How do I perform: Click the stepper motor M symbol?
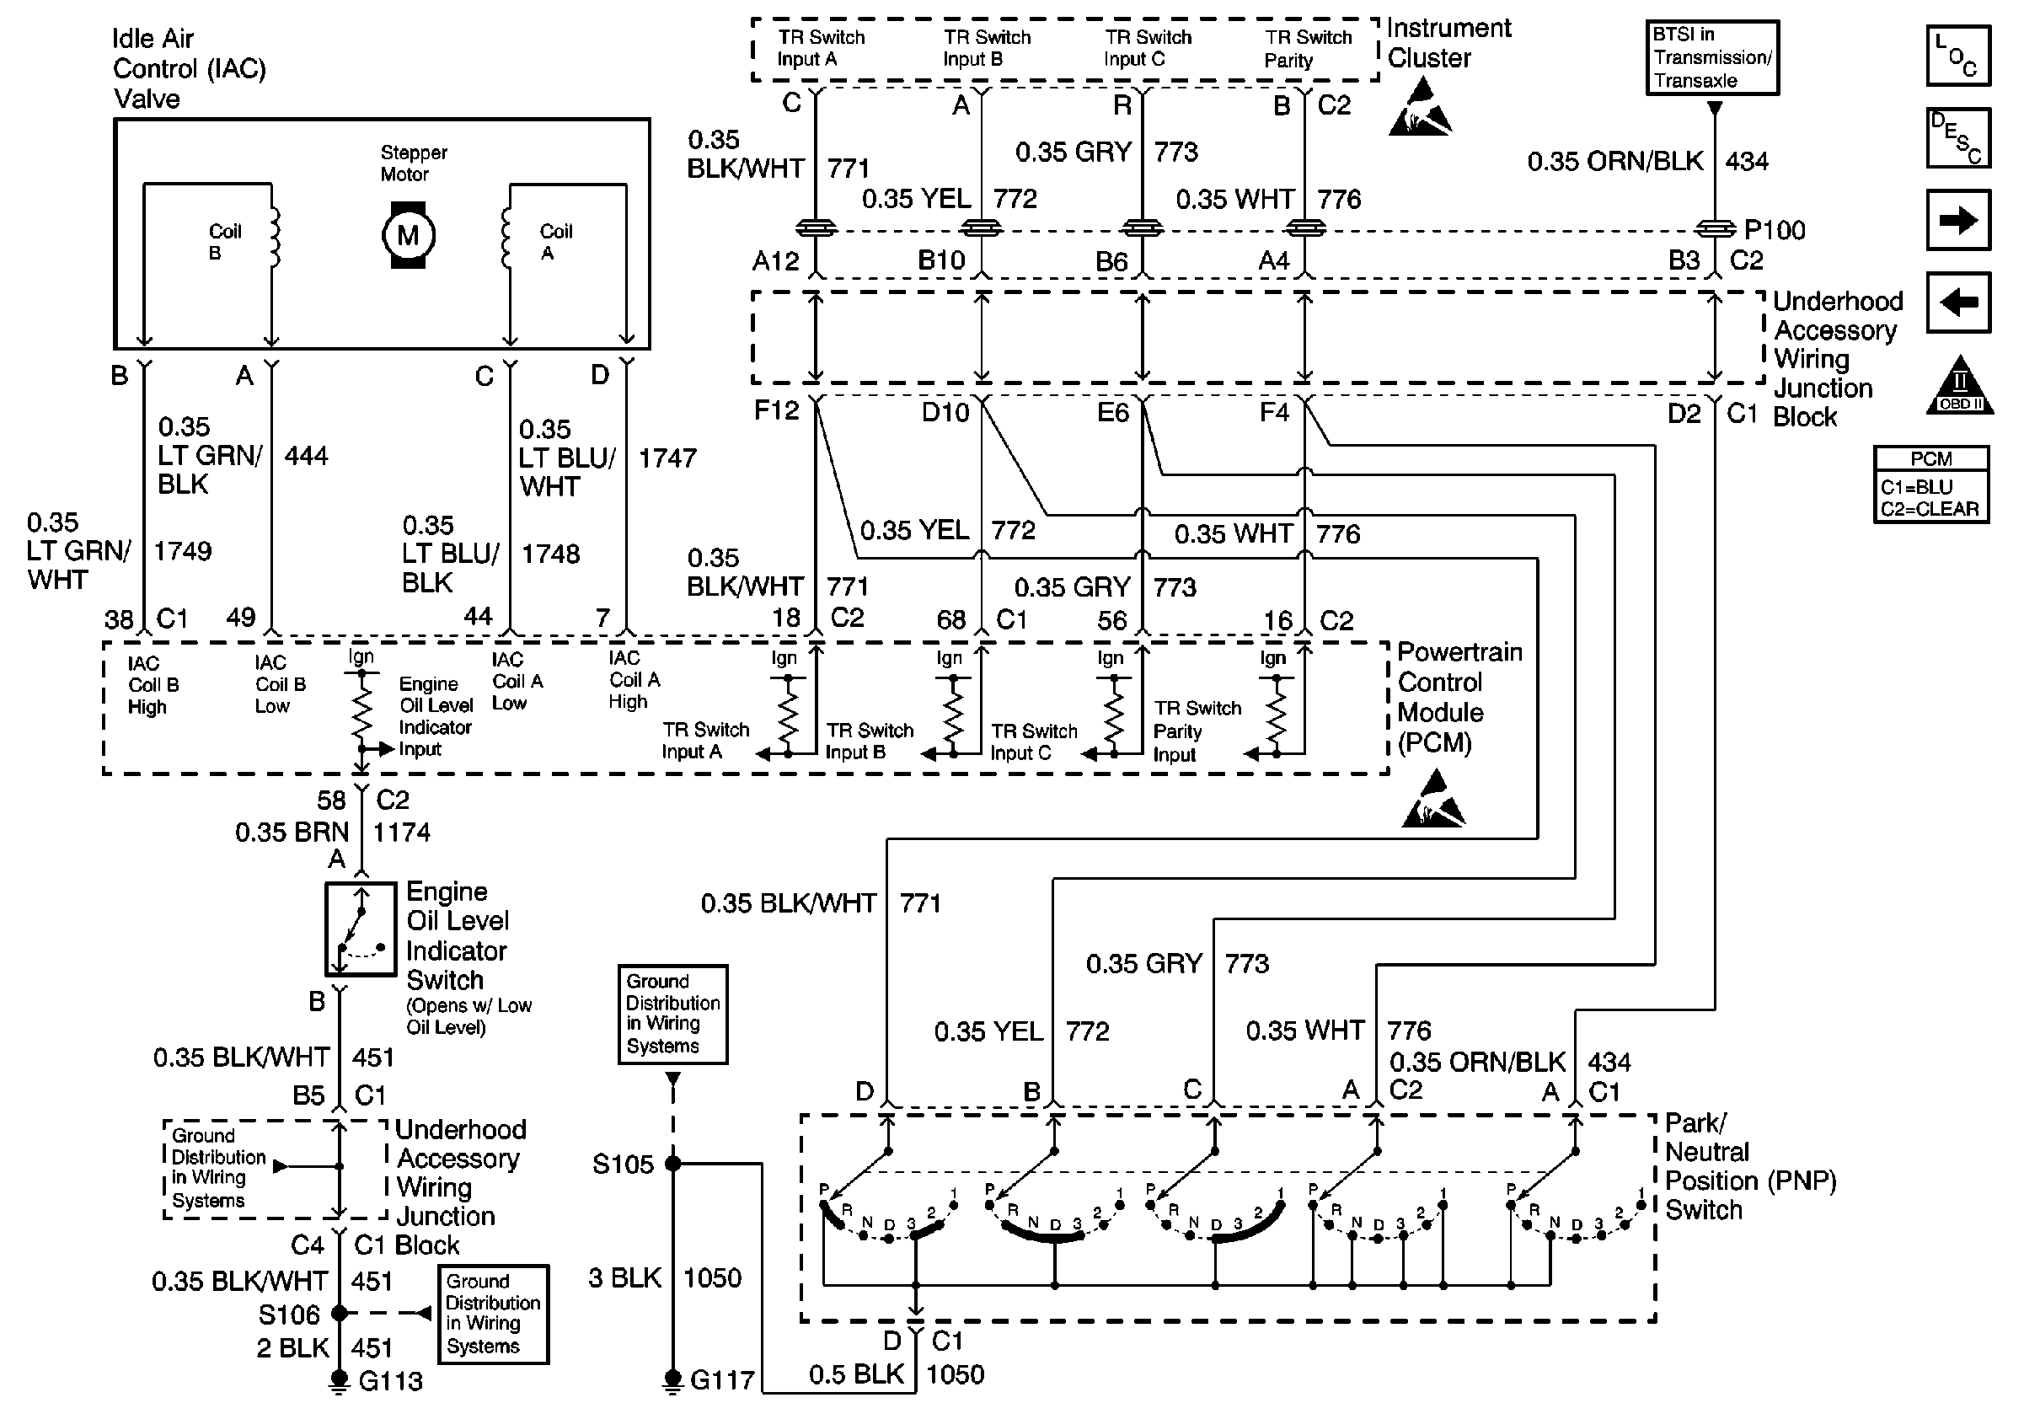point(407,235)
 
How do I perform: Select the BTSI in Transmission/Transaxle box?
point(1712,57)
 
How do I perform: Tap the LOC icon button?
point(1958,56)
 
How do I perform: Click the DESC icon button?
point(1958,137)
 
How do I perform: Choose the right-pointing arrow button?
point(1958,219)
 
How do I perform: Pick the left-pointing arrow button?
point(1958,303)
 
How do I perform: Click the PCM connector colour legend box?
point(1930,485)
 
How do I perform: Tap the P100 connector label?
point(1774,230)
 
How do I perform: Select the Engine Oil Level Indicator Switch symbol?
point(361,929)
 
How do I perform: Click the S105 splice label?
point(623,1165)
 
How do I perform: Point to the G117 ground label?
point(721,1379)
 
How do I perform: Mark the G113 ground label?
point(389,1381)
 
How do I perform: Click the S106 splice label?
point(288,1315)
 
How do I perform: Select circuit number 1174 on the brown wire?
point(401,832)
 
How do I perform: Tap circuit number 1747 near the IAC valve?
point(667,458)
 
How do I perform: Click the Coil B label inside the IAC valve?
point(224,242)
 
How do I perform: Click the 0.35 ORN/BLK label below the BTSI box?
point(1614,161)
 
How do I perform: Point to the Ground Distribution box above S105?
point(672,1014)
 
